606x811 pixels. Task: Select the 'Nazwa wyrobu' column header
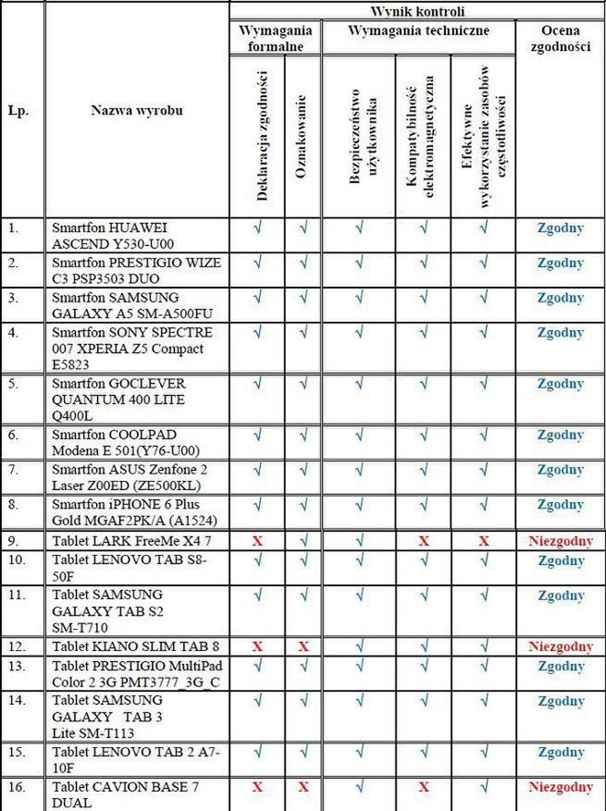[136, 110]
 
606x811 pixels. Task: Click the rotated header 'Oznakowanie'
[302, 135]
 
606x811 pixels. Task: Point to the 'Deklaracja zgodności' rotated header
[258, 135]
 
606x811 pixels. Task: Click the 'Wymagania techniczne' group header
[418, 31]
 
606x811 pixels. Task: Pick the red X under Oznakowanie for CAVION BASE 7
[303, 787]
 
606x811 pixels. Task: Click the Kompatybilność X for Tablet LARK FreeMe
[424, 540]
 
